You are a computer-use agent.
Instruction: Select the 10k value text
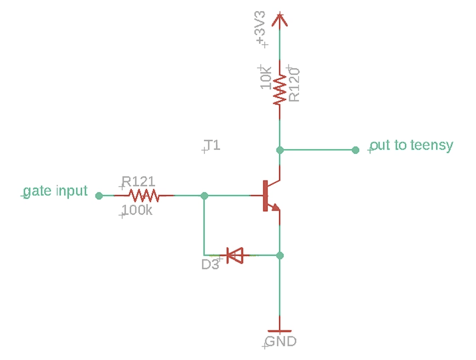[266, 78]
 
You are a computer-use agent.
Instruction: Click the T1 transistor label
[211, 145]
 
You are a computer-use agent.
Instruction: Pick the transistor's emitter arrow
[274, 207]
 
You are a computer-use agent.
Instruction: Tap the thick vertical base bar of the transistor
[265, 195]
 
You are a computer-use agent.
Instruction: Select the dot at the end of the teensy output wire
[355, 150]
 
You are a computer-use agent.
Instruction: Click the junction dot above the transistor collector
[280, 150]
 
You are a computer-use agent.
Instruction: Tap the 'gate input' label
[56, 191]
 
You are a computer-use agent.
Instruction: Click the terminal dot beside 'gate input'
[99, 195]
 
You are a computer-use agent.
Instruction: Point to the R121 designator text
[139, 181]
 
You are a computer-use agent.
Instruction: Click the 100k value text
[138, 210]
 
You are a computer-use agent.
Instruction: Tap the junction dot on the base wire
[204, 195]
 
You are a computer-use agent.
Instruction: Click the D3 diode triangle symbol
[234, 255]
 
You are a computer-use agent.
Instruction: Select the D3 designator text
[210, 264]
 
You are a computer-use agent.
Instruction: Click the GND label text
[281, 341]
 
